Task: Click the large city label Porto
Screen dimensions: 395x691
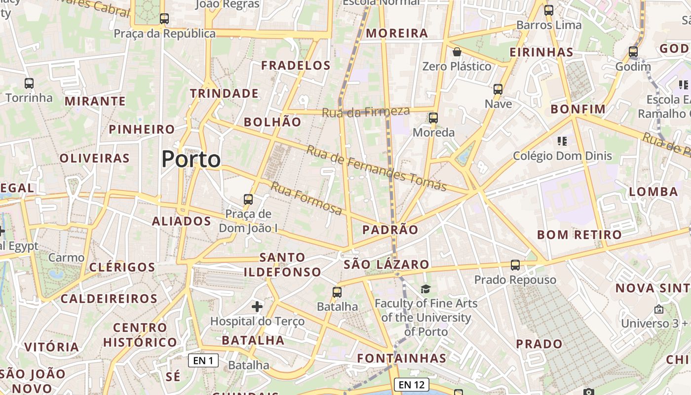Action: pyautogui.click(x=191, y=159)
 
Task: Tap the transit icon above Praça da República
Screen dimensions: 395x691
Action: pyautogui.click(x=164, y=19)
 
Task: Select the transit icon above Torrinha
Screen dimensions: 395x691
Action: pyautogui.click(x=29, y=83)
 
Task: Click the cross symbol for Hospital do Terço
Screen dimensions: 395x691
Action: pyautogui.click(x=257, y=307)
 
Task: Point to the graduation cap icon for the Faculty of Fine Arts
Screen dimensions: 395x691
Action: pyautogui.click(x=425, y=289)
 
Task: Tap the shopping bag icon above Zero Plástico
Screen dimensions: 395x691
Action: pyautogui.click(x=457, y=52)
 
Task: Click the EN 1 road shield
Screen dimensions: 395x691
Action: pyautogui.click(x=203, y=360)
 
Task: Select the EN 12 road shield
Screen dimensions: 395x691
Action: pyautogui.click(x=412, y=384)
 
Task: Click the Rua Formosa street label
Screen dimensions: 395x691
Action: pyautogui.click(x=307, y=199)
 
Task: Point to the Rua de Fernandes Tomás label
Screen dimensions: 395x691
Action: pyautogui.click(x=376, y=168)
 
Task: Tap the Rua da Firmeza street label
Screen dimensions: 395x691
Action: pyautogui.click(x=366, y=112)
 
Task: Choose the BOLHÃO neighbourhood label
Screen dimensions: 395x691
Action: pyautogui.click(x=272, y=122)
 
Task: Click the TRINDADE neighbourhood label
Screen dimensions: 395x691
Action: pyautogui.click(x=224, y=93)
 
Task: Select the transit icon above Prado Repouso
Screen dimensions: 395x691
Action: pyautogui.click(x=515, y=265)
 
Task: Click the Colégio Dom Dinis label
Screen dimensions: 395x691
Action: pyautogui.click(x=562, y=156)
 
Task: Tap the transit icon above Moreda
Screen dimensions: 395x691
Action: pyautogui.click(x=433, y=118)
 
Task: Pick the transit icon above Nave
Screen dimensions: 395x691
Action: pyautogui.click(x=498, y=89)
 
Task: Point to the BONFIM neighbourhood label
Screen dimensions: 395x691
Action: pyautogui.click(x=578, y=109)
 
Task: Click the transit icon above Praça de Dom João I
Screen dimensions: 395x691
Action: pyautogui.click(x=248, y=199)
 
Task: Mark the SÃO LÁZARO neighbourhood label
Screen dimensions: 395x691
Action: pyautogui.click(x=386, y=264)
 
